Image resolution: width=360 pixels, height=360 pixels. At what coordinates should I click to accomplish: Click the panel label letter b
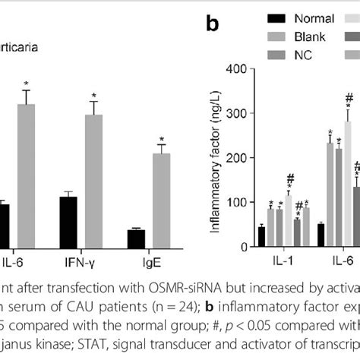(x=213, y=24)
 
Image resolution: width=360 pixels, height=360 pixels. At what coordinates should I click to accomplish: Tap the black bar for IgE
(x=136, y=238)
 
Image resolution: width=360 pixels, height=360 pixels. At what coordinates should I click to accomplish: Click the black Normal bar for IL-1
(x=261, y=236)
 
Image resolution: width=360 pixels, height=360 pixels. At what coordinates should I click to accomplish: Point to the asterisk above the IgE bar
(x=161, y=140)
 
